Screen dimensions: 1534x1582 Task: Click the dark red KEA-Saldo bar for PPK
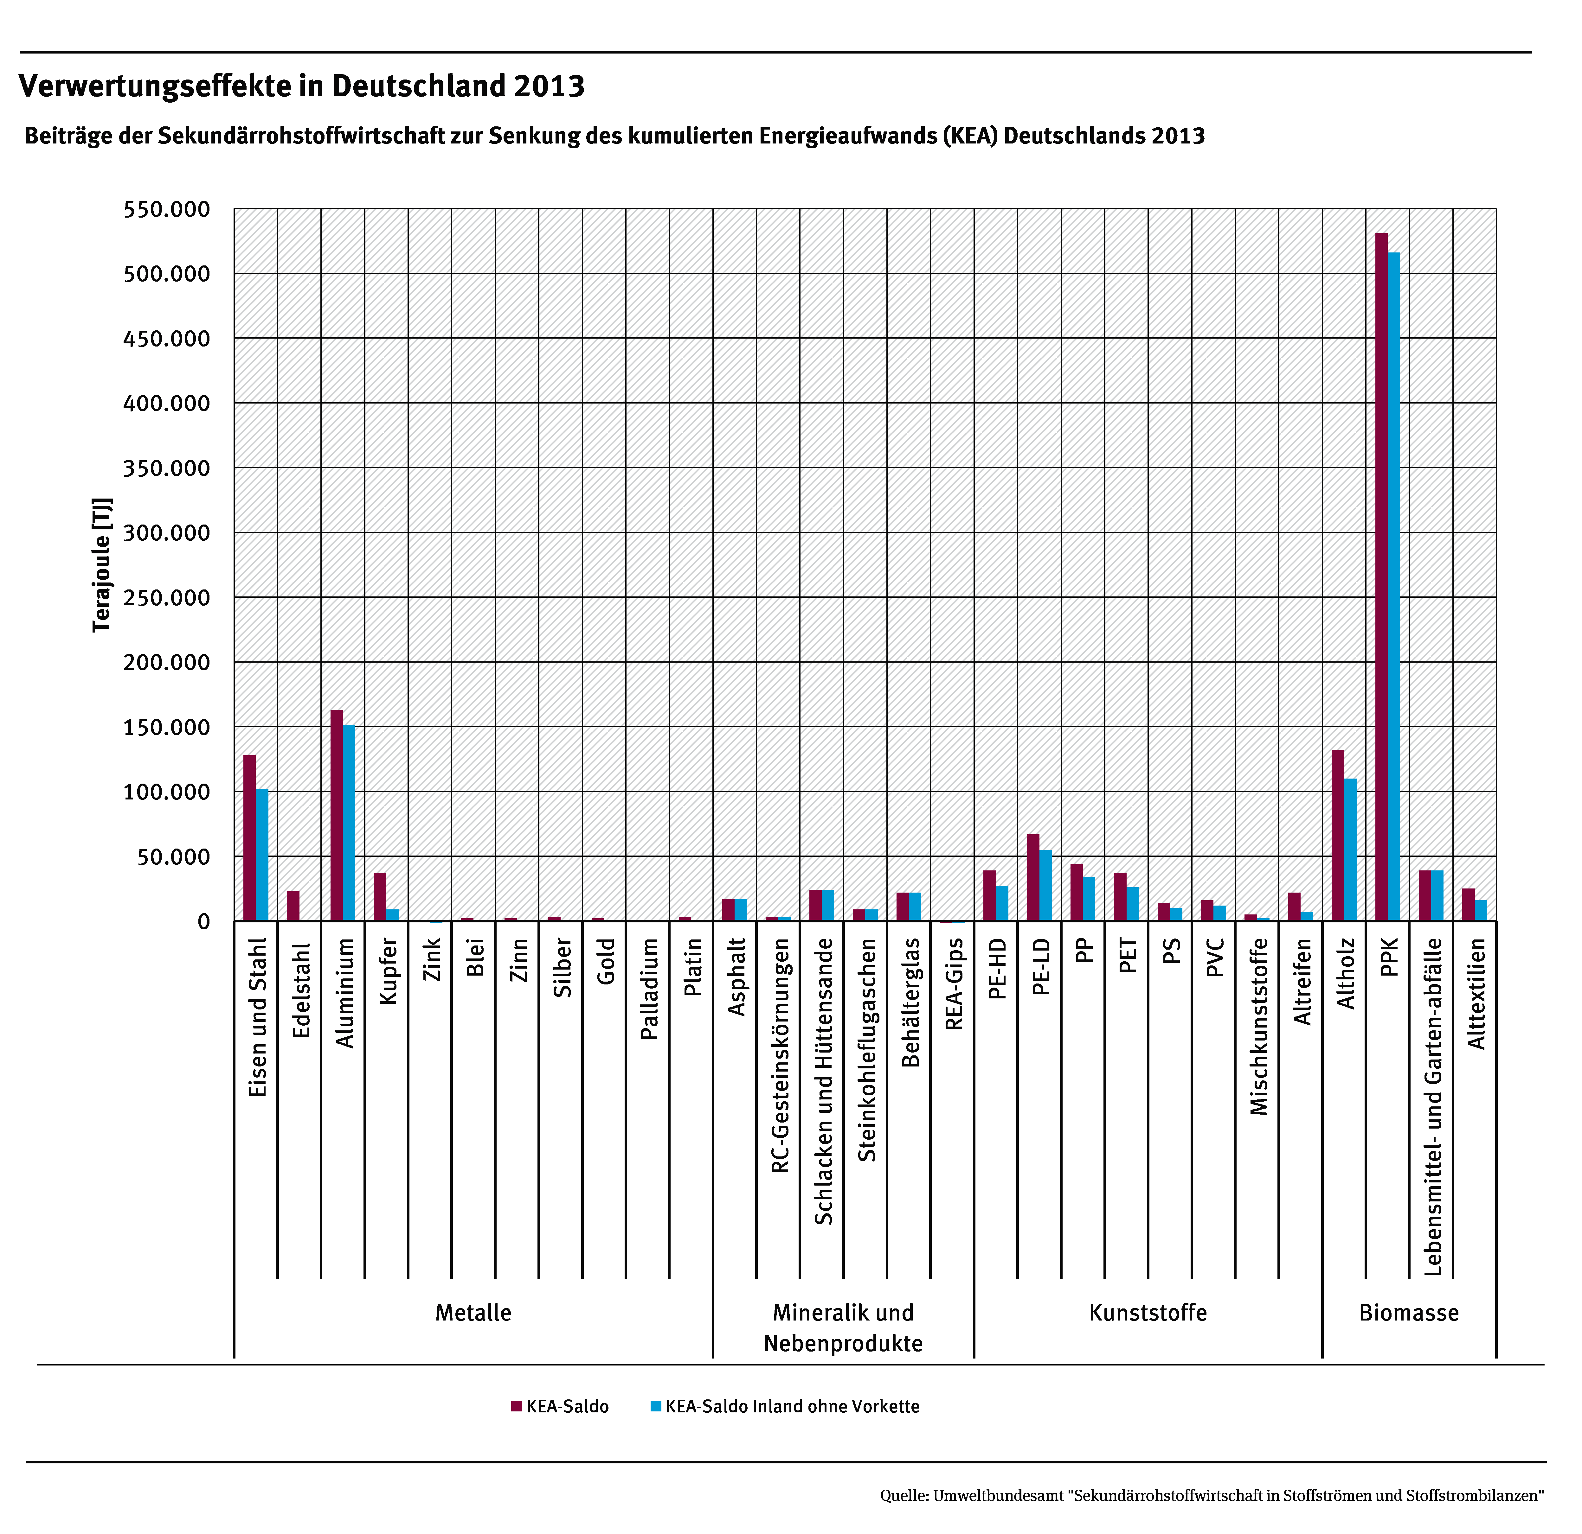(x=1381, y=577)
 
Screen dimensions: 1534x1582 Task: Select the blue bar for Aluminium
(x=349, y=823)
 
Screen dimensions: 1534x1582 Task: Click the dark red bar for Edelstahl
(x=293, y=905)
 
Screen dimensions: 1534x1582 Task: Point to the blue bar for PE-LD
(x=1045, y=885)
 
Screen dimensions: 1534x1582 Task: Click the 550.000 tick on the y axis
(x=166, y=210)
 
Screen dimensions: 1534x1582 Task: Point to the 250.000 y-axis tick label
(x=166, y=598)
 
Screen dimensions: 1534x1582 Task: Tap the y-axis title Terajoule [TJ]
(x=102, y=565)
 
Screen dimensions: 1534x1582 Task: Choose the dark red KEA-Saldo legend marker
(x=517, y=1406)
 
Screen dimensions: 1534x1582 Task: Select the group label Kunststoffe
(x=1148, y=1313)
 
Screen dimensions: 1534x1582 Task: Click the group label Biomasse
(x=1408, y=1313)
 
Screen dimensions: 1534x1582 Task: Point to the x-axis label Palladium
(x=649, y=989)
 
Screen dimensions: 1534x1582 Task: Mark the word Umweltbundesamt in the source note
(x=999, y=1495)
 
